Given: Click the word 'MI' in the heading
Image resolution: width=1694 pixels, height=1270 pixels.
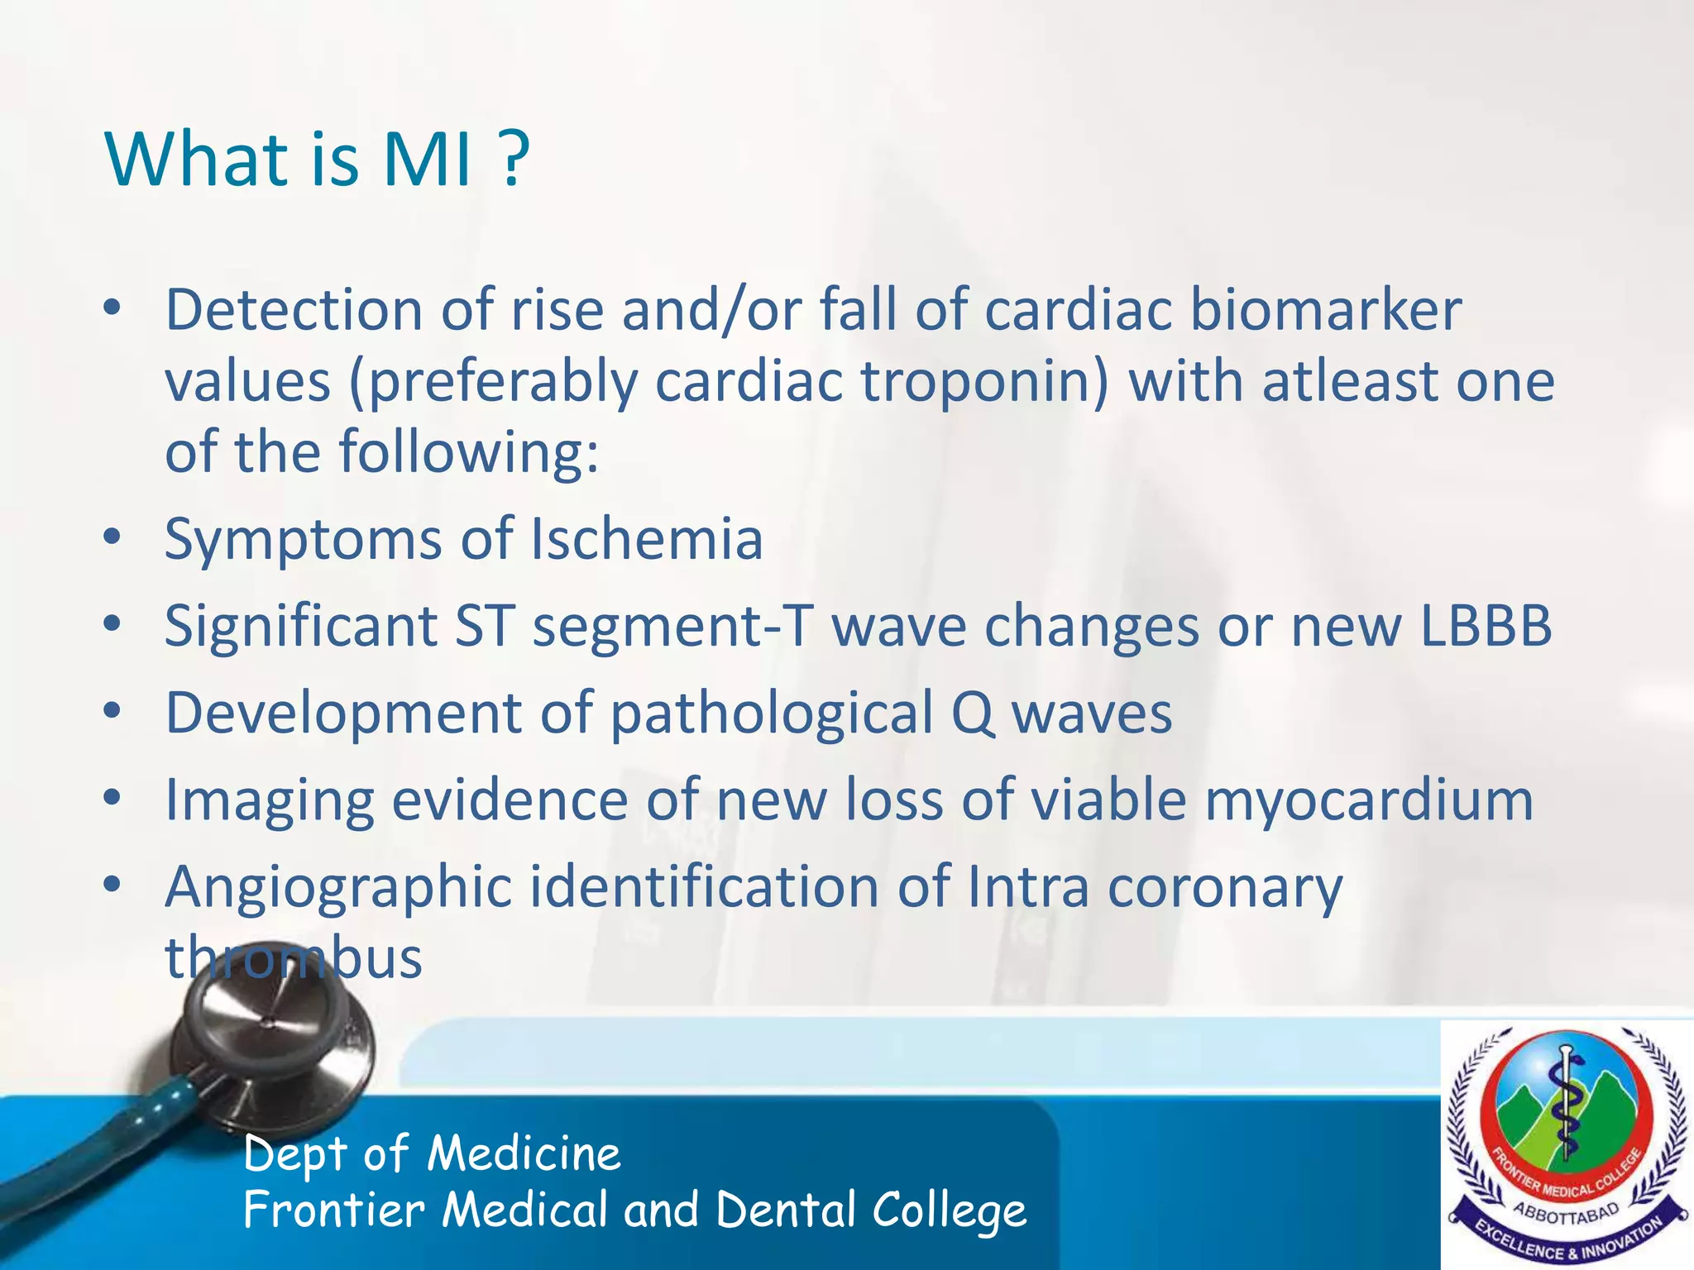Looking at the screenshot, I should pos(427,159).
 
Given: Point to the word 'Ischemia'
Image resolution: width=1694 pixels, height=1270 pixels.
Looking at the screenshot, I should pos(646,539).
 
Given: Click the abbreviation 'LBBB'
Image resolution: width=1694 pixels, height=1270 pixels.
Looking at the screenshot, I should pos(1486,626).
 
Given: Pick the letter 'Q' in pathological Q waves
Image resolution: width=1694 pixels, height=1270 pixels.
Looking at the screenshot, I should pos(973,714).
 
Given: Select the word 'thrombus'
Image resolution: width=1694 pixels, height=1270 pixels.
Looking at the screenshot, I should pos(294,958).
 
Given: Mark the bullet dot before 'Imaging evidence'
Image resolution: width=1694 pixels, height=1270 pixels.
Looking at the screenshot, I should pos(112,798).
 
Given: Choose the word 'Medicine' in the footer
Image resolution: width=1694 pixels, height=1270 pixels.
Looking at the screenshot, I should pos(524,1153).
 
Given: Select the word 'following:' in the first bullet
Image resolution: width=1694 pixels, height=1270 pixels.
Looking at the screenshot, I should pos(468,454).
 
